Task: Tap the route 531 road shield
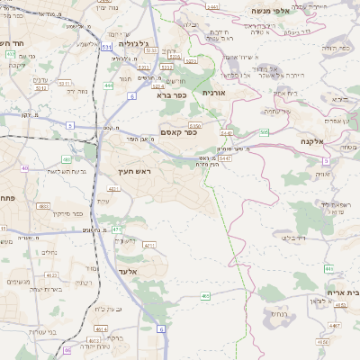[x=107, y=45]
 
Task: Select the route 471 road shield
[x=117, y=230]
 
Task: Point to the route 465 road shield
[x=205, y=294]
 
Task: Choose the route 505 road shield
[x=264, y=132]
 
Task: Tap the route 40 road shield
[x=24, y=168]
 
